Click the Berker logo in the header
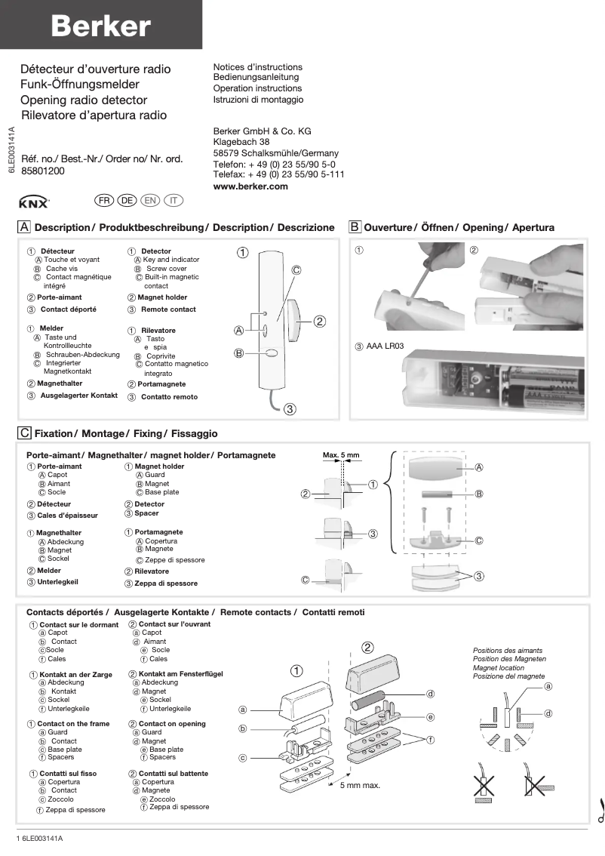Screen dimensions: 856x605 click(x=100, y=26)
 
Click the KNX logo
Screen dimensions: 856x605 click(x=34, y=202)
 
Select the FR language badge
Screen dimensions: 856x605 click(x=104, y=200)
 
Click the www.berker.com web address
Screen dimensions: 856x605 click(x=250, y=186)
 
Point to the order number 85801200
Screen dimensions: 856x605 click(x=43, y=171)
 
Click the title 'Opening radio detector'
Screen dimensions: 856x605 click(x=84, y=100)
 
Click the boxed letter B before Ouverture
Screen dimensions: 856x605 click(x=355, y=227)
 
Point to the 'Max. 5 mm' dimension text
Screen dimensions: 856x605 click(x=341, y=455)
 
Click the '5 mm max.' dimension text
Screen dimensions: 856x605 click(x=360, y=786)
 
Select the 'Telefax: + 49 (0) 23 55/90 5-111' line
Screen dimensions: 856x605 click(x=278, y=174)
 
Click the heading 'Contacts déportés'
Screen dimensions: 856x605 click(x=66, y=612)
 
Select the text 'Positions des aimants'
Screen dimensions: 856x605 click(x=507, y=650)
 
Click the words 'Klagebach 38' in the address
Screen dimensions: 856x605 click(x=241, y=142)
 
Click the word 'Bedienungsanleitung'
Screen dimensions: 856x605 click(x=256, y=77)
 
